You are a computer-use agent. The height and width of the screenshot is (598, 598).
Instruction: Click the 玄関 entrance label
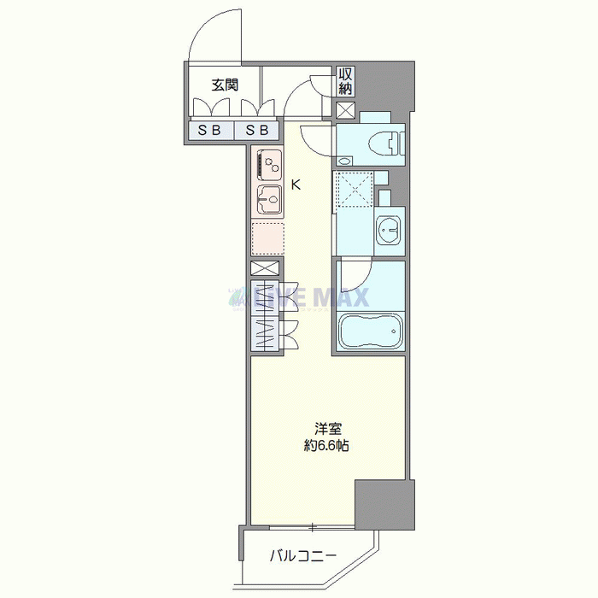(225, 85)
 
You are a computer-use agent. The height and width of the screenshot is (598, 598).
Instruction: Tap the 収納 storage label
(345, 81)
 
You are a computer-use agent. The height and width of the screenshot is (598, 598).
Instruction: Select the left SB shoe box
(210, 131)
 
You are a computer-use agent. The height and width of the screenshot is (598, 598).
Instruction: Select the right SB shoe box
(256, 131)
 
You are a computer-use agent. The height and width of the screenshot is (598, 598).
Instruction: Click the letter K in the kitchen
(296, 185)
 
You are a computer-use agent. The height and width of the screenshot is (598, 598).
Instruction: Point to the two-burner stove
(270, 164)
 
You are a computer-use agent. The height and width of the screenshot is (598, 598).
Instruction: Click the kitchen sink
(270, 199)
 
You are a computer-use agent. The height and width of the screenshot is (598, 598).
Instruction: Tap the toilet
(385, 144)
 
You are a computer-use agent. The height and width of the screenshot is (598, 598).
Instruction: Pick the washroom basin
(389, 230)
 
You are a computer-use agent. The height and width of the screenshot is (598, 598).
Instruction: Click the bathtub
(370, 331)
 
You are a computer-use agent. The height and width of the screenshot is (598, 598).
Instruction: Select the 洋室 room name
(327, 430)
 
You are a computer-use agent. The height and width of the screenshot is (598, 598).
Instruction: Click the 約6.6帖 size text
(326, 445)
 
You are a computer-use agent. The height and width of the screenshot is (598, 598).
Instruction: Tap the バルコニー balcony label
(303, 556)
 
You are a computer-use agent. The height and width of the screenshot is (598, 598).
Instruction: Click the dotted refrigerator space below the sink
(267, 238)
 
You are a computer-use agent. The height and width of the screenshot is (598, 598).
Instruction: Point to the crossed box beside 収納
(345, 110)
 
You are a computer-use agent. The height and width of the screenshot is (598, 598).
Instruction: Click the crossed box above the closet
(265, 268)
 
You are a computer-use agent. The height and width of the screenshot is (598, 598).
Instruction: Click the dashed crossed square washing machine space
(355, 189)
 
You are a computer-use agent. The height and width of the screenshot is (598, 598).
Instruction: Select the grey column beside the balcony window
(384, 505)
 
